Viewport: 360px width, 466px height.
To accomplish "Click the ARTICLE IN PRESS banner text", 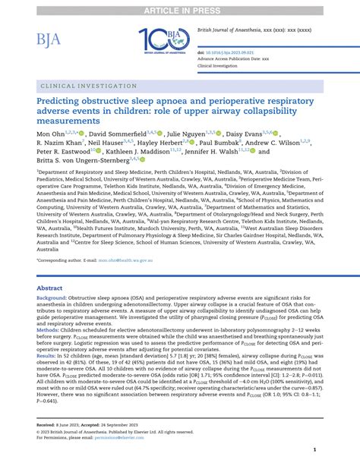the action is pos(179,7).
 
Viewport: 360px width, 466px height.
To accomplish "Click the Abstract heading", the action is pos(50,289).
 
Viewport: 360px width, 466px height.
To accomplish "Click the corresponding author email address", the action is pos(128,260).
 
